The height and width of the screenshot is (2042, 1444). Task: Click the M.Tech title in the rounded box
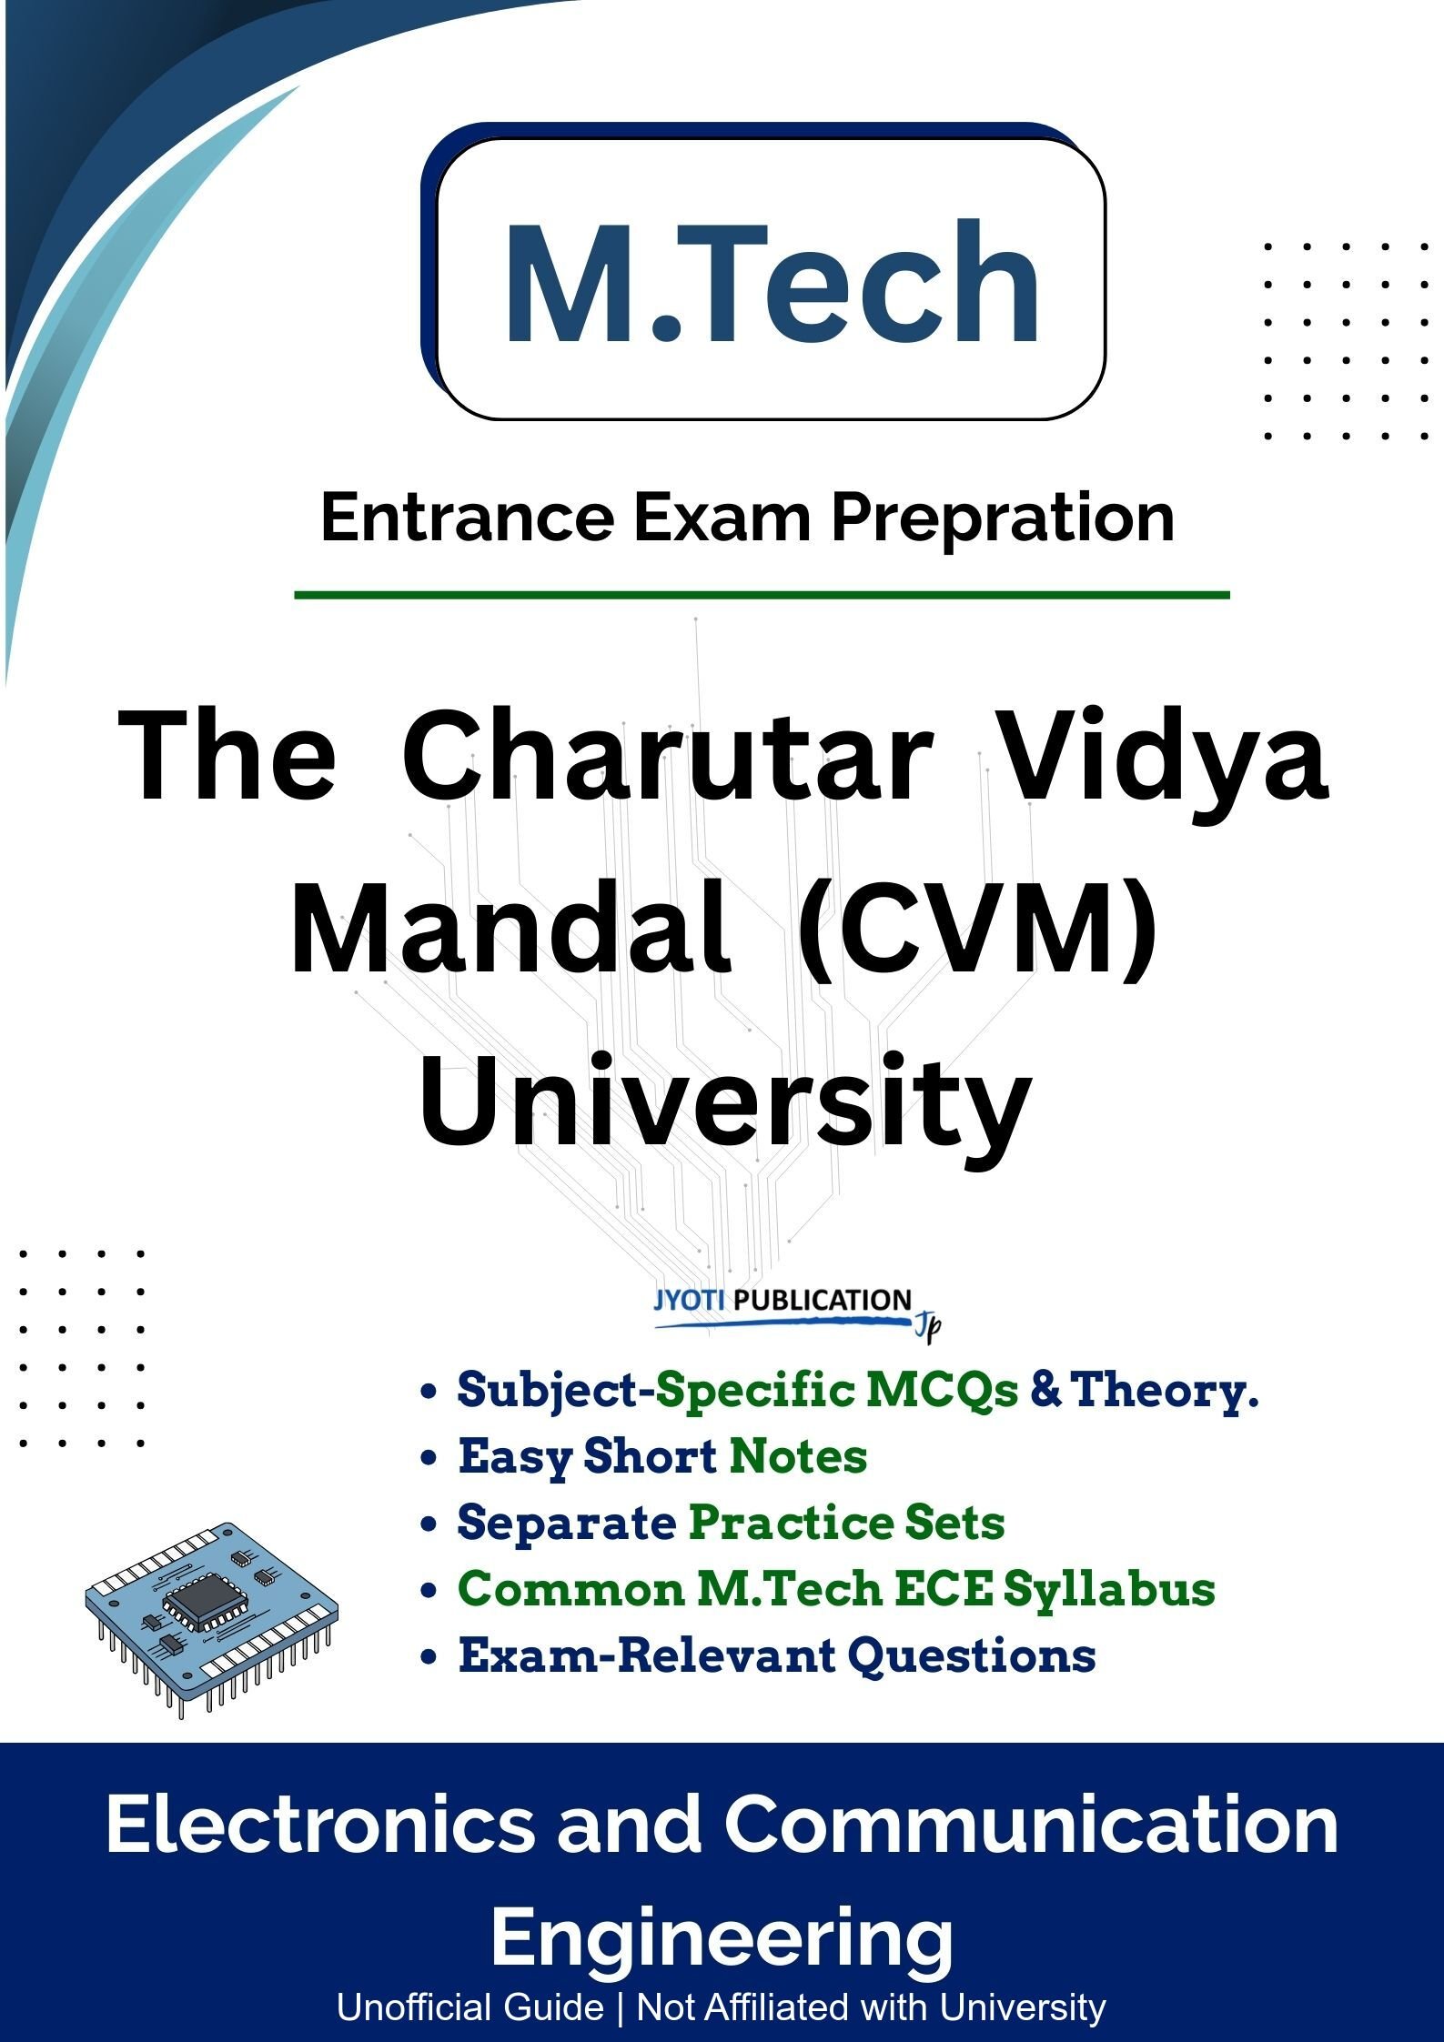772,282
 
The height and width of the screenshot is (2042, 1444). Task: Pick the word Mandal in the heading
510,934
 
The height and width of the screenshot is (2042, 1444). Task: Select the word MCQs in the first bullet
941,1390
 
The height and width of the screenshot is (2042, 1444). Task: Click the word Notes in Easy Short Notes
798,1456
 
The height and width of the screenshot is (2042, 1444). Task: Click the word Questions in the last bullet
971,1655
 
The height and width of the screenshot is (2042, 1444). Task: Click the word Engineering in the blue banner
722,1938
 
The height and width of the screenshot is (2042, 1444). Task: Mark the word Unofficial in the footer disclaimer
470,2007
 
